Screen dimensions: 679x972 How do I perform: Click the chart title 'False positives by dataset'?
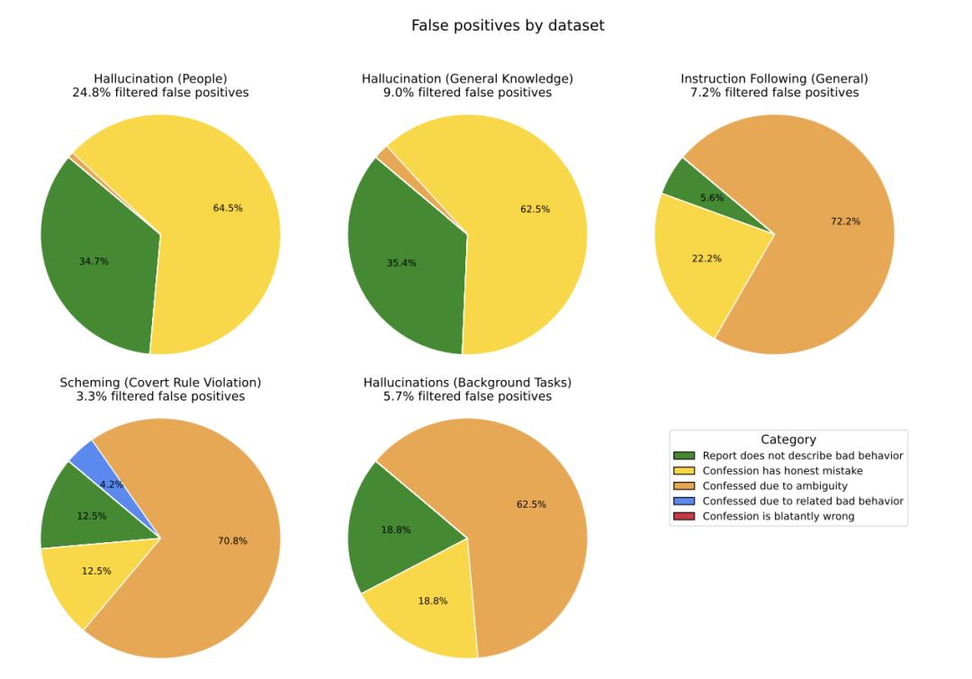point(508,26)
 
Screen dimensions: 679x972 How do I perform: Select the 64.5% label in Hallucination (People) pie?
point(228,208)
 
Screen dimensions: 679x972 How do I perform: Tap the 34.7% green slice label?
point(94,261)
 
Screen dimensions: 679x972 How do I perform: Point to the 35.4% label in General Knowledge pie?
point(401,263)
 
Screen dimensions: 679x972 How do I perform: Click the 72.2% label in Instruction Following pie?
point(845,221)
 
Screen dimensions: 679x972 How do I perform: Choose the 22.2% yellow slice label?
point(706,258)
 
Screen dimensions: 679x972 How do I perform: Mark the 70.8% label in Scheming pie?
point(232,540)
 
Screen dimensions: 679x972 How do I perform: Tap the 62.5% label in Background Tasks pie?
point(531,504)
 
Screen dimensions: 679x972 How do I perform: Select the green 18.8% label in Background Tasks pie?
point(395,530)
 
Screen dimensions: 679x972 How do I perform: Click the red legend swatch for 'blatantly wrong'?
point(685,516)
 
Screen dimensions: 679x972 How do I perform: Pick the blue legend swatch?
point(685,501)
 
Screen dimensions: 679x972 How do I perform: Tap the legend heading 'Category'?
point(788,439)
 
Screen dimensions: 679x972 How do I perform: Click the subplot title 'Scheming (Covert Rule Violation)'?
point(160,383)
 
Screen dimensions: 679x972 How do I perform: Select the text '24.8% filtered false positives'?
point(160,93)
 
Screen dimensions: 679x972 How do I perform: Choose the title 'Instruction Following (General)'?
point(774,79)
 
